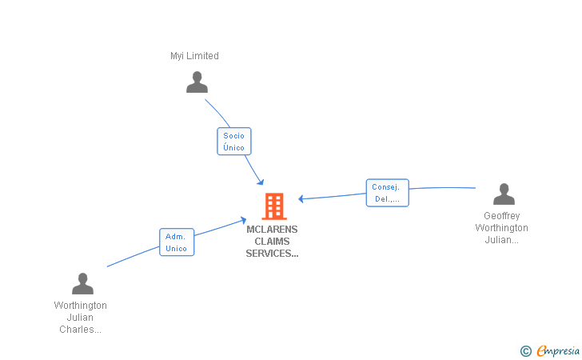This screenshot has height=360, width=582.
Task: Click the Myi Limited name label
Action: [194, 56]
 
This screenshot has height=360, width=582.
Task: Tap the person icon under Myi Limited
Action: [197, 82]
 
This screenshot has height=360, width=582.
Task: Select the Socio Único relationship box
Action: [234, 142]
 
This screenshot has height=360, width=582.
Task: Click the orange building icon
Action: [274, 206]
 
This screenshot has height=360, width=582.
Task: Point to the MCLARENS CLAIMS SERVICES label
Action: [272, 242]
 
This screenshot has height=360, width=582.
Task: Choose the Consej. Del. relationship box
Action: [387, 193]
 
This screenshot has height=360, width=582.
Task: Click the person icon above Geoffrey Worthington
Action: [504, 194]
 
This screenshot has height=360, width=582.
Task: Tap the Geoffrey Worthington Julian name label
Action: [501, 228]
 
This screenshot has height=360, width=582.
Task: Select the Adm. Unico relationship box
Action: [177, 242]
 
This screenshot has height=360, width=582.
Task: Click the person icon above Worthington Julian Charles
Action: [82, 284]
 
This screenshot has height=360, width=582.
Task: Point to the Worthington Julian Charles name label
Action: [80, 318]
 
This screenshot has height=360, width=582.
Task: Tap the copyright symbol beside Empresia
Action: [526, 350]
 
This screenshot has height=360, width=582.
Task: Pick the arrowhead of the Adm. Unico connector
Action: [244, 218]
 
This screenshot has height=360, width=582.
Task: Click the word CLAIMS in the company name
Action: [272, 242]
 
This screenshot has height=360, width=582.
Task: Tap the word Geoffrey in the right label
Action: [501, 216]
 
